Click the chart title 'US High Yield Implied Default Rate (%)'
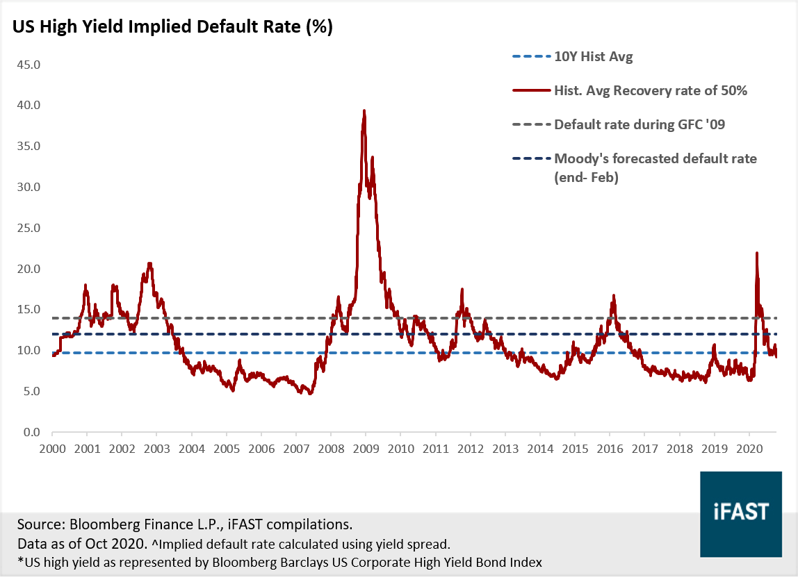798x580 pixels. point(172,27)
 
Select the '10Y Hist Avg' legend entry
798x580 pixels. point(593,57)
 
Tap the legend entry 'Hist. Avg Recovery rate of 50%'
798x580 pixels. point(650,90)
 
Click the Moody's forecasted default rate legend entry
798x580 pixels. point(655,159)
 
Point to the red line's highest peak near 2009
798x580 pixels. point(364,110)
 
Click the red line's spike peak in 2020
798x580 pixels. point(756,253)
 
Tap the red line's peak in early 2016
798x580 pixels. point(613,295)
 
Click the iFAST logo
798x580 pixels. point(741,512)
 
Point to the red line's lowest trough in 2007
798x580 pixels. point(310,394)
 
